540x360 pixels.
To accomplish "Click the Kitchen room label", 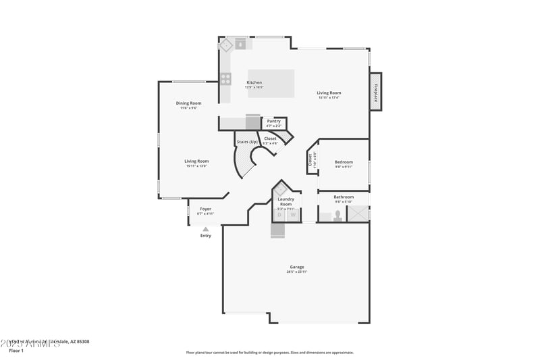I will pos(254,82).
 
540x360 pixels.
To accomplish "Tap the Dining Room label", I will pos(189,103).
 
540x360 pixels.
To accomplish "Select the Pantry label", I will pos(273,121).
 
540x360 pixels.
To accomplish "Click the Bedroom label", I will pos(344,162).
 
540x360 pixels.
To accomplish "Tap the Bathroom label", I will pos(344,197).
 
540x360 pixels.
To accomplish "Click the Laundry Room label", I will pos(286,201).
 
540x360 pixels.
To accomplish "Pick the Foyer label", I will pos(205,209).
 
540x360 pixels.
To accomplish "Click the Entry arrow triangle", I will pos(205,229).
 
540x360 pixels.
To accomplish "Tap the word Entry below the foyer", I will pos(205,236).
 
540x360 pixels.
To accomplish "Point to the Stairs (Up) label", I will pos(247,142).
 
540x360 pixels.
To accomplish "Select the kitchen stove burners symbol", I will pos(225,78).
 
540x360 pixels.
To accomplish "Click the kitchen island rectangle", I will pos(271,84).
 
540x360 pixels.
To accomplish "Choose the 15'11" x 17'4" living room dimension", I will pos(329,98).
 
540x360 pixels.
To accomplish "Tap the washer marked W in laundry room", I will pos(294,215).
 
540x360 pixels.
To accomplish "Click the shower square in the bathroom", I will pos(357,213).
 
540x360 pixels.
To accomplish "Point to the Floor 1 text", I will pos(16,351).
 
